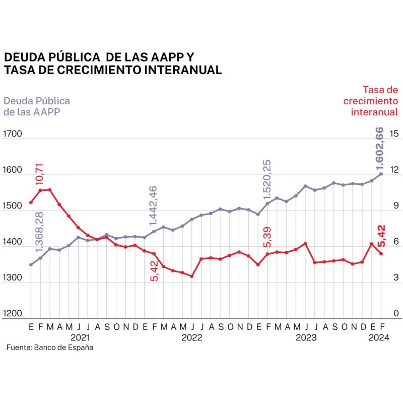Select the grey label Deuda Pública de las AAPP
click(36, 106)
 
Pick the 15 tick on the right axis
click(394, 134)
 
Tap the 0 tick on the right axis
click(396, 314)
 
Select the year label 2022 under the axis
click(192, 337)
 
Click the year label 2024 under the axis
click(379, 337)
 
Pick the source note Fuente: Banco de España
click(49, 348)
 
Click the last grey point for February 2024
click(381, 174)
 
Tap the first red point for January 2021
click(31, 202)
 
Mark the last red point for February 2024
click(381, 253)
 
